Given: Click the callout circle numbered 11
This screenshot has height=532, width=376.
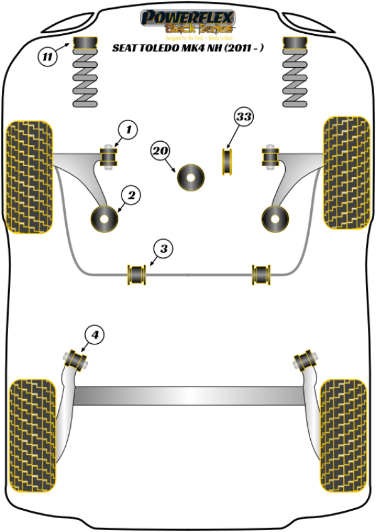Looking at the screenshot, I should click(47, 58).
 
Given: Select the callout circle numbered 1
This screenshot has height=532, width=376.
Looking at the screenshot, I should click(128, 130).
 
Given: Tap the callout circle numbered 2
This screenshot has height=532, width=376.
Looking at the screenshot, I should click(131, 196).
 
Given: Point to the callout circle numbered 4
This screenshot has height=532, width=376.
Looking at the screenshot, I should click(95, 336).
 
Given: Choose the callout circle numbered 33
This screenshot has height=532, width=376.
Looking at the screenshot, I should click(244, 117).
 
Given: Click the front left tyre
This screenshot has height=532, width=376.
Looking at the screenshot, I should click(29, 175).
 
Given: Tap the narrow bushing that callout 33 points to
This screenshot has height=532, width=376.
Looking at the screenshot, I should click(228, 161).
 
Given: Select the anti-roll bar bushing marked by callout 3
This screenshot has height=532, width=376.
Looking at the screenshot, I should click(136, 274).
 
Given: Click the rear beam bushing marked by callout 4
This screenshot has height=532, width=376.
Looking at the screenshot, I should click(76, 359).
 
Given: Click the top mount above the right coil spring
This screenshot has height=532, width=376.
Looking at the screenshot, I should click(295, 45).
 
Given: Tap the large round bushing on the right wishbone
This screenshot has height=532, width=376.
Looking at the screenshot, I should click(274, 218).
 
